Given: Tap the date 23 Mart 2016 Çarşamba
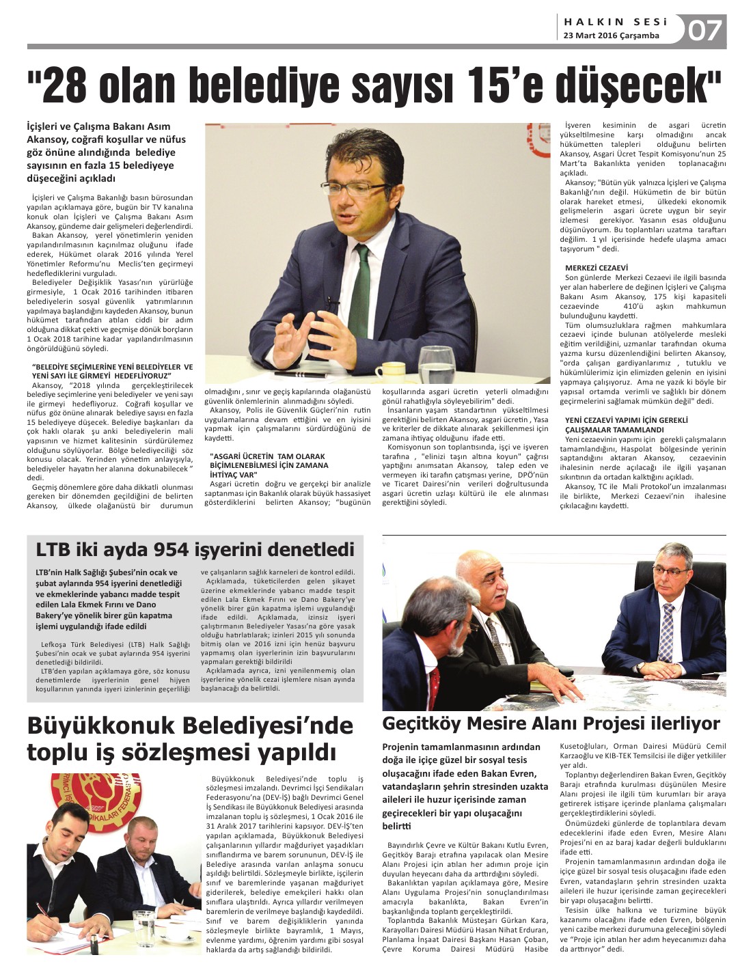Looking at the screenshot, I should pyautogui.click(x=612, y=36).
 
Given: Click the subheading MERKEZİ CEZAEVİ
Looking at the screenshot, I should pyautogui.click(x=596, y=268).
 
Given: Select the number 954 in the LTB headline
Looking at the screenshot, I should pyautogui.click(x=178, y=550).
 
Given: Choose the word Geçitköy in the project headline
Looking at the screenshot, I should pyautogui.click(x=424, y=723).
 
